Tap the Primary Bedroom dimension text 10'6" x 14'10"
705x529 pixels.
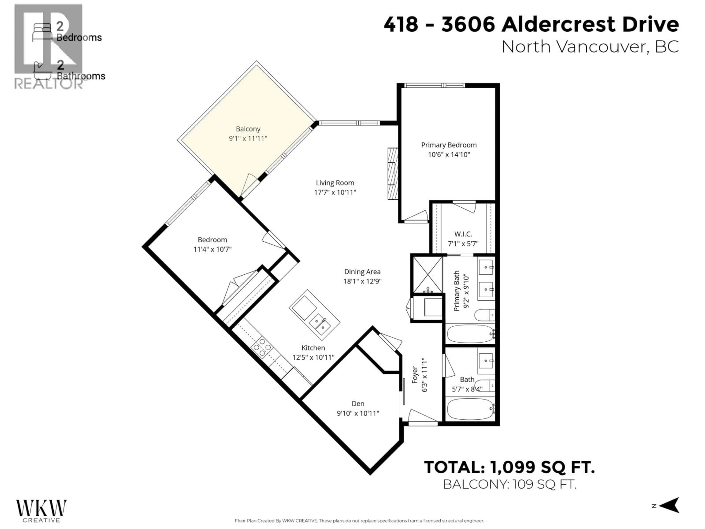pyautogui.click(x=449, y=155)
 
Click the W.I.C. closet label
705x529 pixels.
pyautogui.click(x=463, y=234)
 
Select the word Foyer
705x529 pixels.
pyautogui.click(x=415, y=375)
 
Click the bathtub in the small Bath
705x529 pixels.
pyautogui.click(x=470, y=409)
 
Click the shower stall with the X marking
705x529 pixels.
pyautogui.click(x=427, y=275)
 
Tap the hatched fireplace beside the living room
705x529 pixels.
pyautogui.click(x=393, y=173)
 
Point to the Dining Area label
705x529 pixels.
pyautogui.click(x=362, y=272)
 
